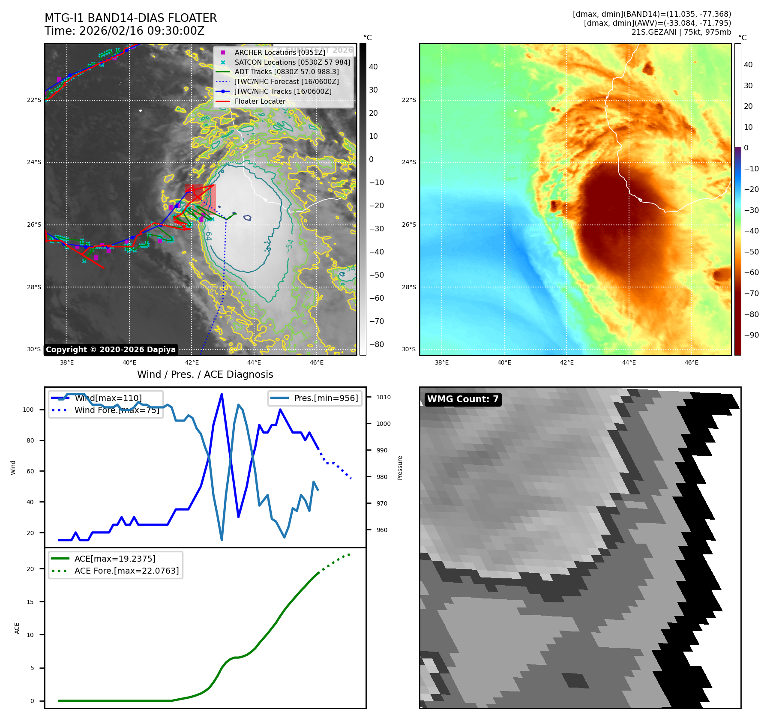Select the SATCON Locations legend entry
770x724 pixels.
point(292,62)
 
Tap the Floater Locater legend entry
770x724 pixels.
point(260,102)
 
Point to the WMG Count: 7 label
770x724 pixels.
point(463,399)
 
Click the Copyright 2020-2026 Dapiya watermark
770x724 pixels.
point(111,350)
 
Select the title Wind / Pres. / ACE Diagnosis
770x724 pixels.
point(205,374)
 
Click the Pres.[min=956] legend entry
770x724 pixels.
point(326,398)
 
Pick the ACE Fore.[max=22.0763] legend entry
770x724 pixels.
point(126,571)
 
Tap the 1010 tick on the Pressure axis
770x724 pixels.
point(384,397)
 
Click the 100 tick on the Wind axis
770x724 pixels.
point(28,410)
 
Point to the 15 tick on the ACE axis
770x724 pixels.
point(30,602)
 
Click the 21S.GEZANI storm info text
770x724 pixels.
point(681,32)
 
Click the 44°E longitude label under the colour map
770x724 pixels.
point(629,362)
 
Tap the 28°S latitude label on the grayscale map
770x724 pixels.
point(34,287)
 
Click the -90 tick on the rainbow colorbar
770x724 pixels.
point(751,335)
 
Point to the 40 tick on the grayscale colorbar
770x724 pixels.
point(373,67)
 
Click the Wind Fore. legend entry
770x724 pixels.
point(117,410)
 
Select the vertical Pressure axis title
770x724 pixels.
point(400,468)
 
